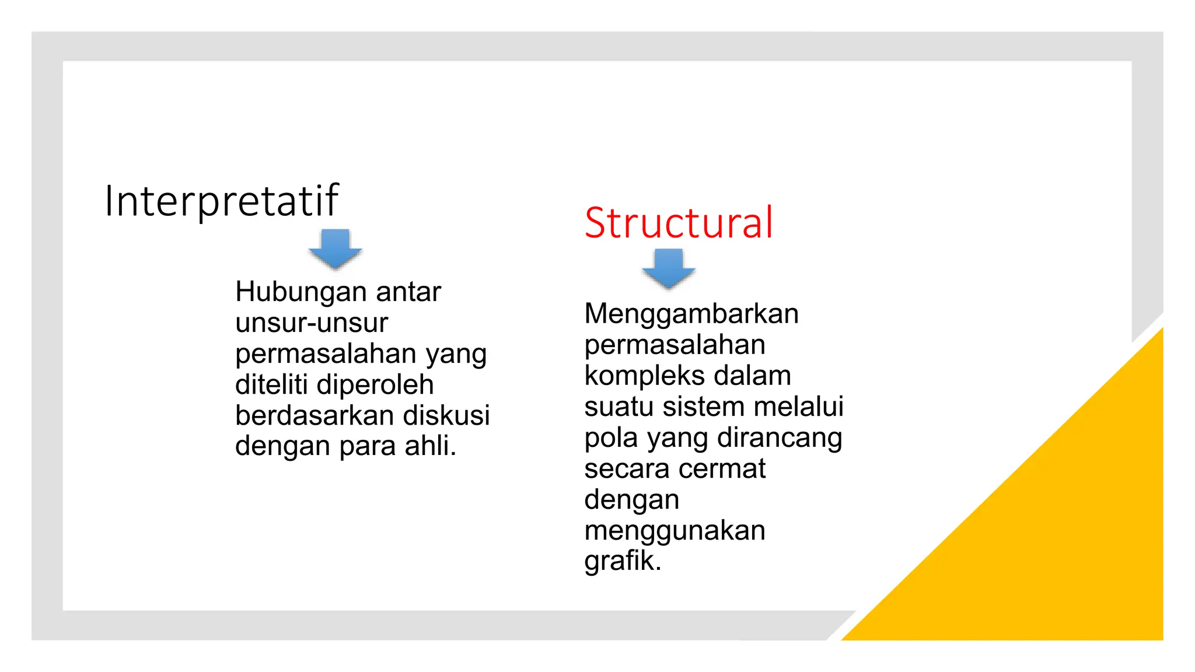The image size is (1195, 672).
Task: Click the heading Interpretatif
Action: (x=221, y=201)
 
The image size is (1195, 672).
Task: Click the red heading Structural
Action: (x=679, y=223)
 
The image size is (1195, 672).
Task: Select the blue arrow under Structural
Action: (x=668, y=268)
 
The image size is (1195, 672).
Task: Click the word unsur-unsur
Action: (x=312, y=323)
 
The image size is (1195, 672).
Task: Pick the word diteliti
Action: (x=271, y=385)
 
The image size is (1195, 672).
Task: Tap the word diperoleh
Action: (x=375, y=385)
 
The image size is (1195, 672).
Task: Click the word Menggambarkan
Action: (x=691, y=314)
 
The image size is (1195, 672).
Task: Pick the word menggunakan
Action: (x=675, y=531)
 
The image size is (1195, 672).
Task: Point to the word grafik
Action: (x=621, y=561)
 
